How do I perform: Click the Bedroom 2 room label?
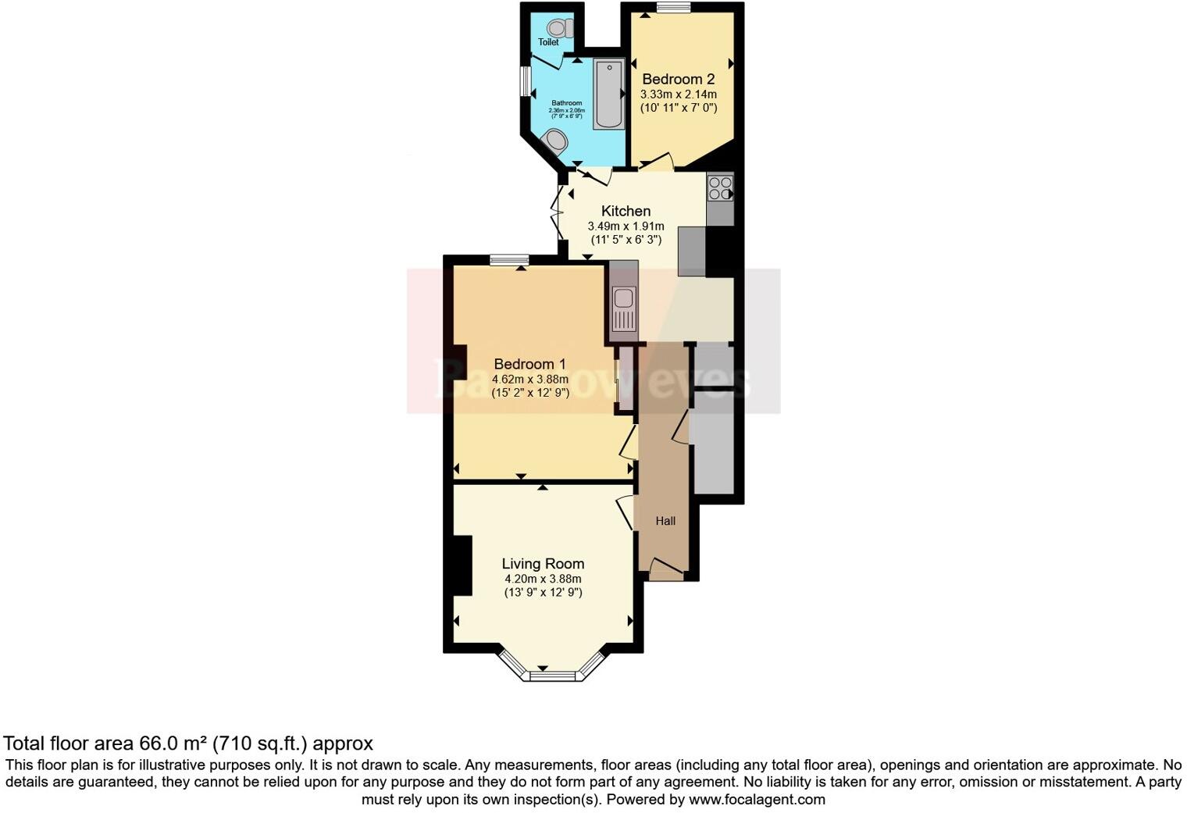[x=678, y=79]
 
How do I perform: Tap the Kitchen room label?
[x=626, y=211]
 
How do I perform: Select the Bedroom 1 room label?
[x=529, y=364]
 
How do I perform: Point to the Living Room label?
[x=543, y=564]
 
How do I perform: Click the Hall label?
[x=665, y=521]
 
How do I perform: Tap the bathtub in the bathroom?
[x=608, y=94]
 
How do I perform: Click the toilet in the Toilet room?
[x=563, y=28]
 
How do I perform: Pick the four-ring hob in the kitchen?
[x=720, y=188]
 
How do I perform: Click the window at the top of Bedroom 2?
[x=672, y=8]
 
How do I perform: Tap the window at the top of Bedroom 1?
[x=509, y=260]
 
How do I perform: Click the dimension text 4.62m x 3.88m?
[x=529, y=380]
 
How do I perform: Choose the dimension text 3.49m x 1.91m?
[x=626, y=226]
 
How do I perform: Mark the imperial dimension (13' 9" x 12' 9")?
[x=543, y=593]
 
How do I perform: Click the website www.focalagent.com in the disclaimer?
[x=757, y=800]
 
